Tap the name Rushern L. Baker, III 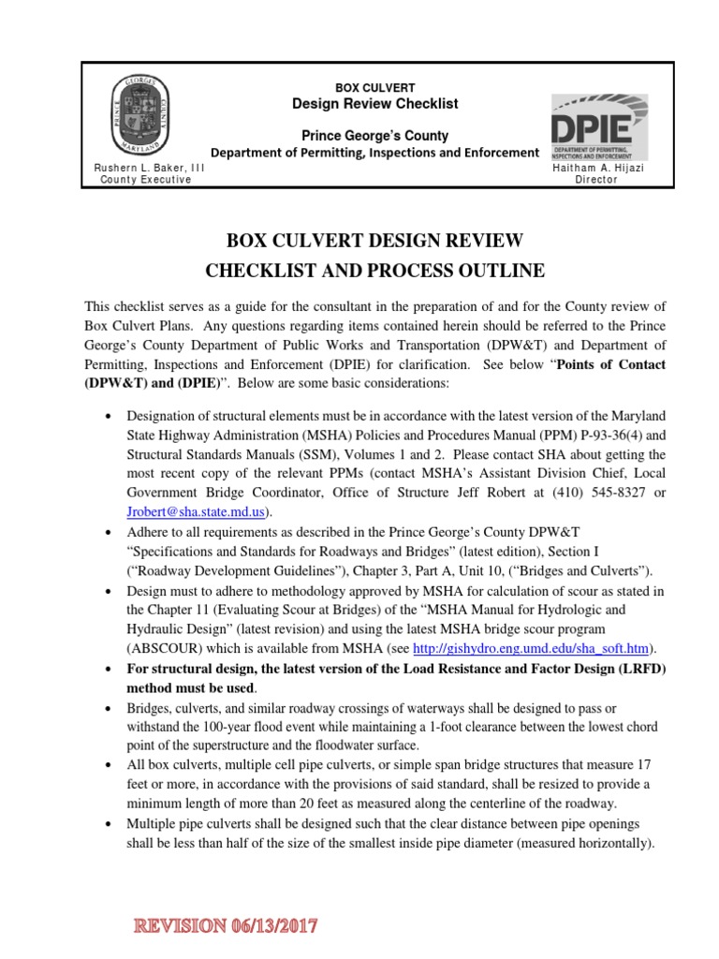pos(143,168)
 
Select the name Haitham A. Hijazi pos(595,168)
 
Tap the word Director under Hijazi pos(595,180)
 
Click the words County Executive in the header pos(146,180)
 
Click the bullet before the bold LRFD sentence pos(112,667)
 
